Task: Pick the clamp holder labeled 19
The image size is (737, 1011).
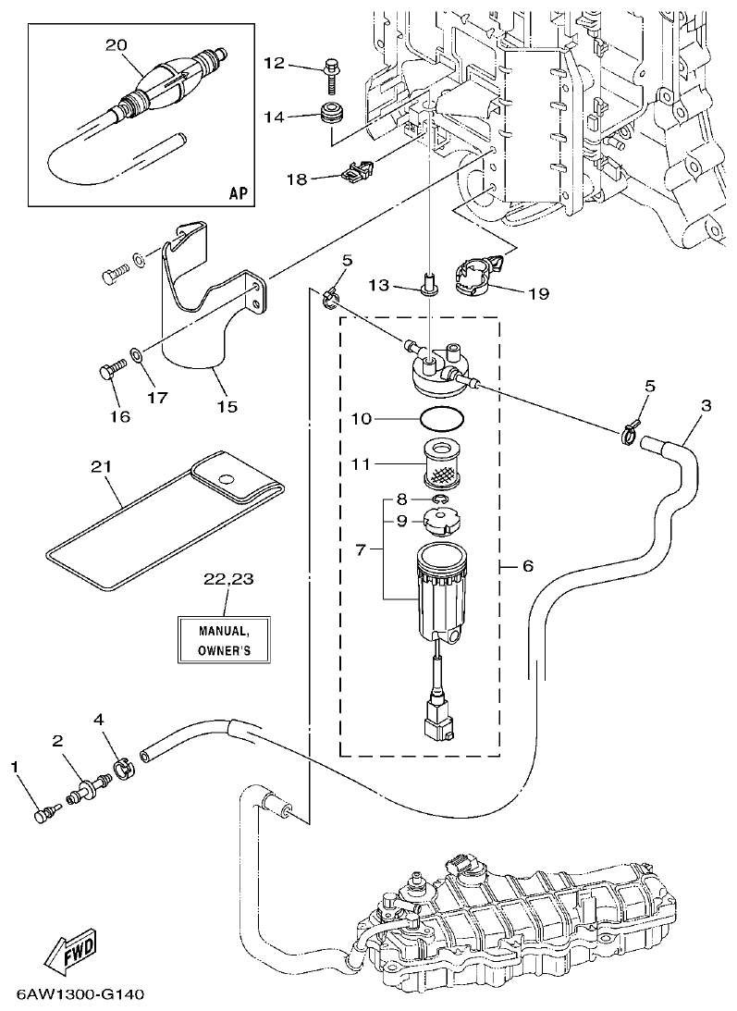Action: point(480,275)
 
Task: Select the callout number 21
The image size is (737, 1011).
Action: point(100,469)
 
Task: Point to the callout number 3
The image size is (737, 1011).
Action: point(706,406)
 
